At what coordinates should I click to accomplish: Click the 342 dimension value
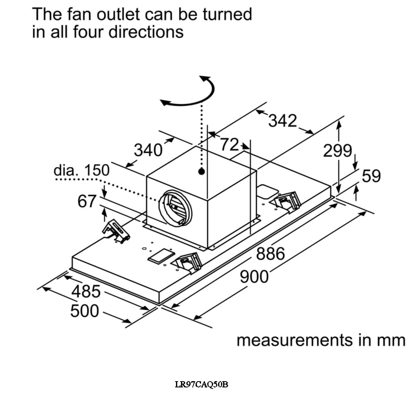pos(282,121)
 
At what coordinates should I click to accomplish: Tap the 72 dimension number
pos(229,145)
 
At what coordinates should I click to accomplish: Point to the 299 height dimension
pos(338,151)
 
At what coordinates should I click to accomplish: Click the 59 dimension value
pos(371,176)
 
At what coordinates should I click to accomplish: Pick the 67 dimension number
pos(87,201)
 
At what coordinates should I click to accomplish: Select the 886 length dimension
pos(270,254)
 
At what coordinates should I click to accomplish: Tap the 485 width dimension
pos(86,291)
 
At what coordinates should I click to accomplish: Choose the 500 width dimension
pos(85,311)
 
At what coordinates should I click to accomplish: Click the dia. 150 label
pos(82,170)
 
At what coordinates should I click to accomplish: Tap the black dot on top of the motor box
pos(202,171)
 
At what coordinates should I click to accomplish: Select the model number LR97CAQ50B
pos(201,384)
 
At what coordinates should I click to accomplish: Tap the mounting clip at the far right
pos(288,201)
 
